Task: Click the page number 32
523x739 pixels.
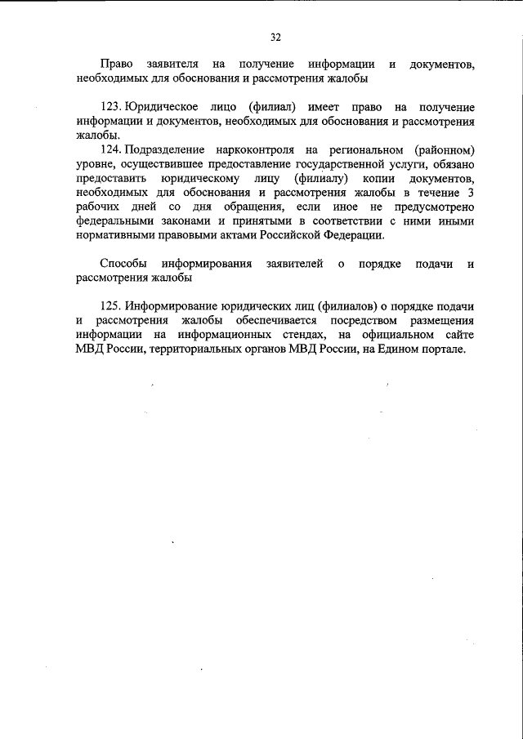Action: click(x=275, y=37)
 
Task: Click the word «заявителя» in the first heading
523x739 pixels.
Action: click(x=172, y=64)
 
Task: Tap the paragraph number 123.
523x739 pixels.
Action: click(x=110, y=108)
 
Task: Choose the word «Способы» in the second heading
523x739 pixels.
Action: click(x=122, y=264)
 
